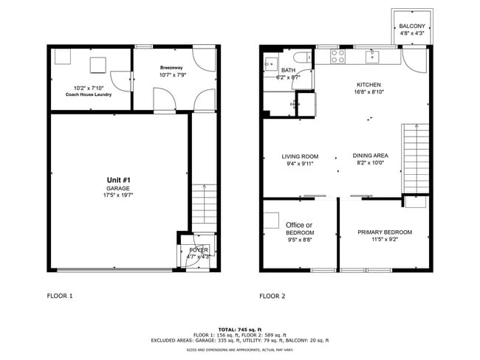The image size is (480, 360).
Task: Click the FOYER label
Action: tap(199, 250)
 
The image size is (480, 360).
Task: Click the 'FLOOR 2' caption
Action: tap(272, 296)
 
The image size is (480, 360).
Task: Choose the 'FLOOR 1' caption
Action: tap(60, 296)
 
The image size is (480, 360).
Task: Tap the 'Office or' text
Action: tap(299, 225)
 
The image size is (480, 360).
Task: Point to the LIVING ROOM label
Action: tap(300, 156)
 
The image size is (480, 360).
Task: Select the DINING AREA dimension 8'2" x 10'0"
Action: tap(370, 165)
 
